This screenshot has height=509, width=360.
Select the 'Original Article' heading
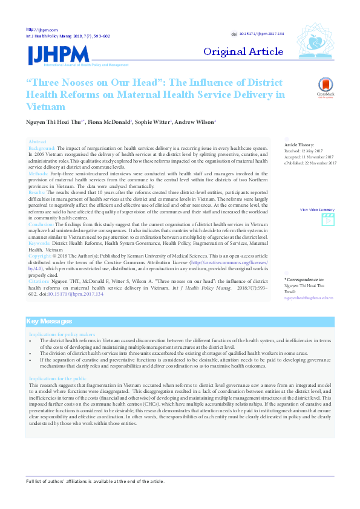(243, 52)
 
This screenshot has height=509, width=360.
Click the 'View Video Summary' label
(318, 209)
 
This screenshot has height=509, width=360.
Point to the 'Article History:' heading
(299, 145)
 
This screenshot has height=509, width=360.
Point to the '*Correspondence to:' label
(304, 280)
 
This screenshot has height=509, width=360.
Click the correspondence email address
(309, 298)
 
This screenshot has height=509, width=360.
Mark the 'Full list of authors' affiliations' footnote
(95, 481)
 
